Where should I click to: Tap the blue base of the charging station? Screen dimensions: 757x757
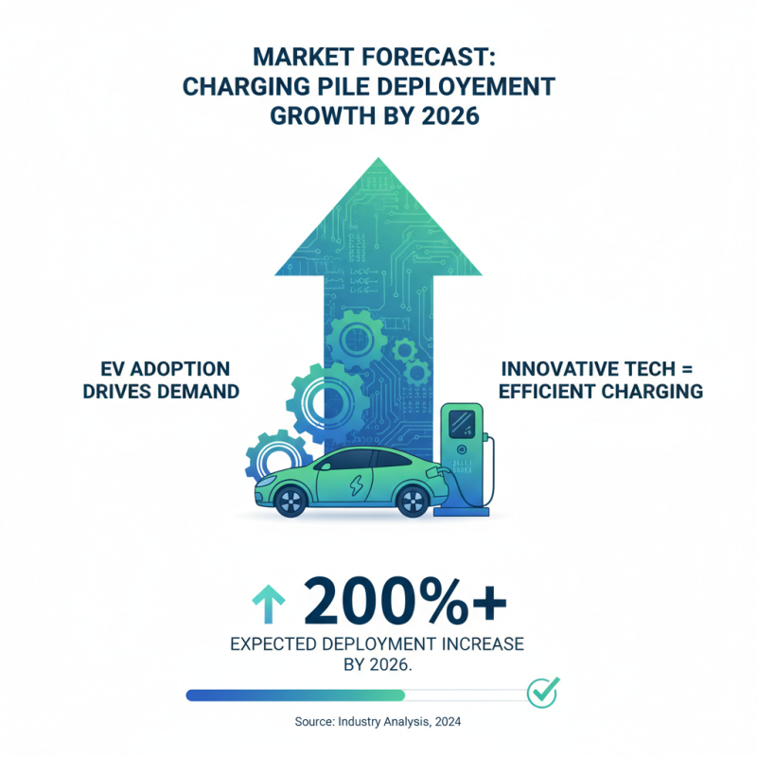point(462,512)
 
